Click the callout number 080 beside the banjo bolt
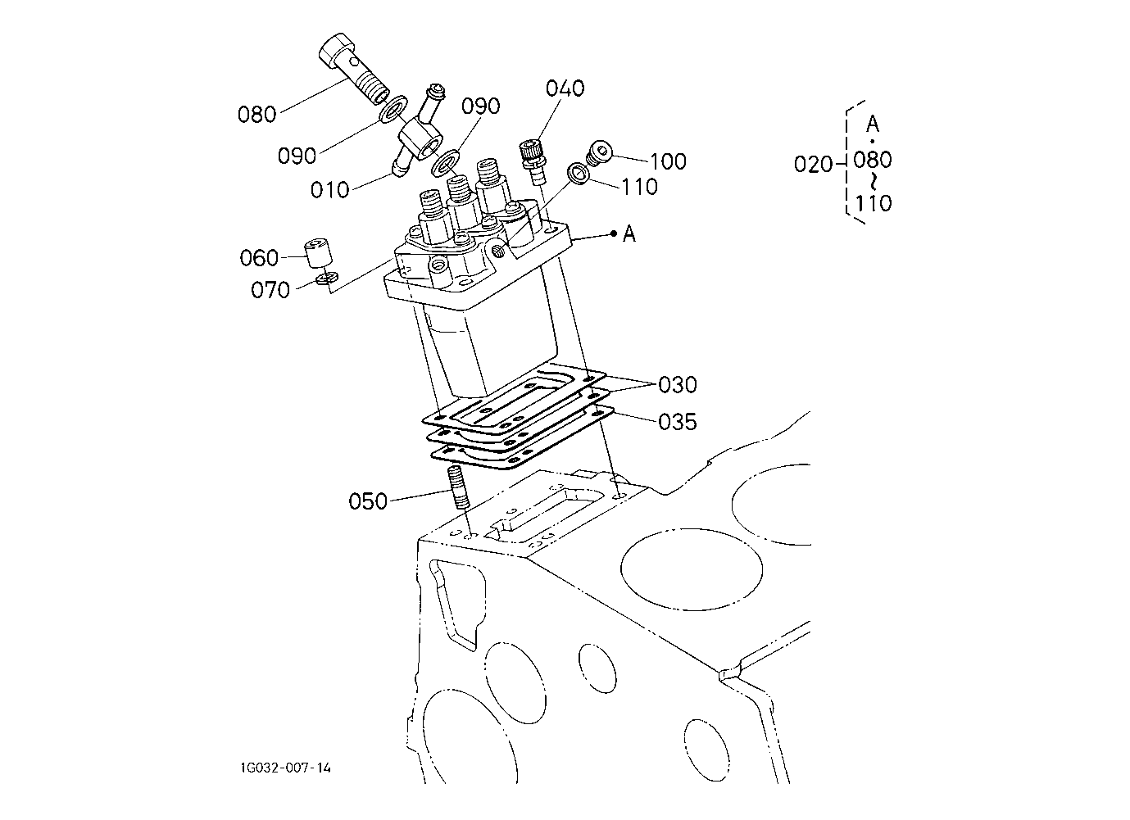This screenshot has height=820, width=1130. pyautogui.click(x=257, y=115)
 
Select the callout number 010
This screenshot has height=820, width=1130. pyautogui.click(x=330, y=190)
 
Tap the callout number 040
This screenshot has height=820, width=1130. pyautogui.click(x=565, y=88)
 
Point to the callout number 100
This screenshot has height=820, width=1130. pyautogui.click(x=668, y=161)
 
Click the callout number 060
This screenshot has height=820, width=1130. pyautogui.click(x=259, y=258)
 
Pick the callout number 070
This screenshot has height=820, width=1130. pyautogui.click(x=270, y=290)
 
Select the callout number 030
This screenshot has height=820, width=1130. pyautogui.click(x=678, y=385)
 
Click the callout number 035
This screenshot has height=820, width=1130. pyautogui.click(x=678, y=422)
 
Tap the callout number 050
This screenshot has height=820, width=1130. pyautogui.click(x=368, y=501)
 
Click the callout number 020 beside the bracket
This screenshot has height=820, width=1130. pyautogui.click(x=813, y=164)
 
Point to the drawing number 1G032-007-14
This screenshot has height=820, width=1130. pyautogui.click(x=285, y=768)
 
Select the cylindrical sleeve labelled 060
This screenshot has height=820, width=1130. pyautogui.click(x=318, y=254)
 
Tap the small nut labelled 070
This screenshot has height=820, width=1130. pyautogui.click(x=328, y=278)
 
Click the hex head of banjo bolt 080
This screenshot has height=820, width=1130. pyautogui.click(x=336, y=51)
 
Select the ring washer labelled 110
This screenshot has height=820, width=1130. pyautogui.click(x=579, y=174)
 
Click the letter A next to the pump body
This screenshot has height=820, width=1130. pyautogui.click(x=629, y=233)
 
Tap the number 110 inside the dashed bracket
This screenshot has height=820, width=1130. pyautogui.click(x=874, y=203)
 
